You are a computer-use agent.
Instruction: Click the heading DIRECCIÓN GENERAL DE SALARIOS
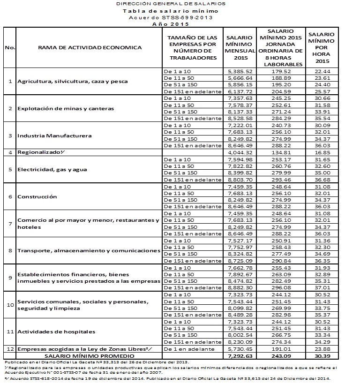[170, 3]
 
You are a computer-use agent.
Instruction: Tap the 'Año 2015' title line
[170, 23]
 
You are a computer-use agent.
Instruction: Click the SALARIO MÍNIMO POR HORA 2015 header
[321, 47]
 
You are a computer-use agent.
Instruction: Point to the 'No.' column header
[9, 47]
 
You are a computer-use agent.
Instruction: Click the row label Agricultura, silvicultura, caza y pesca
[63, 82]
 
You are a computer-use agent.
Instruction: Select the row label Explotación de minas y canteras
[66, 109]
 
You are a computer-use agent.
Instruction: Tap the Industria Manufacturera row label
[54, 136]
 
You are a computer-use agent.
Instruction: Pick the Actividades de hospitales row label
[56, 332]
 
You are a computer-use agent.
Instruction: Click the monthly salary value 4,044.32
[240, 152]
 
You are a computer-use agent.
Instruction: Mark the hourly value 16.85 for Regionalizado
[321, 152]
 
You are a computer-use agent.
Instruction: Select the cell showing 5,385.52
[240, 71]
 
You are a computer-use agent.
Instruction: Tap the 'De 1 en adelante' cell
[185, 349]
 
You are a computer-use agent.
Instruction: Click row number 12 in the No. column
[9, 349]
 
